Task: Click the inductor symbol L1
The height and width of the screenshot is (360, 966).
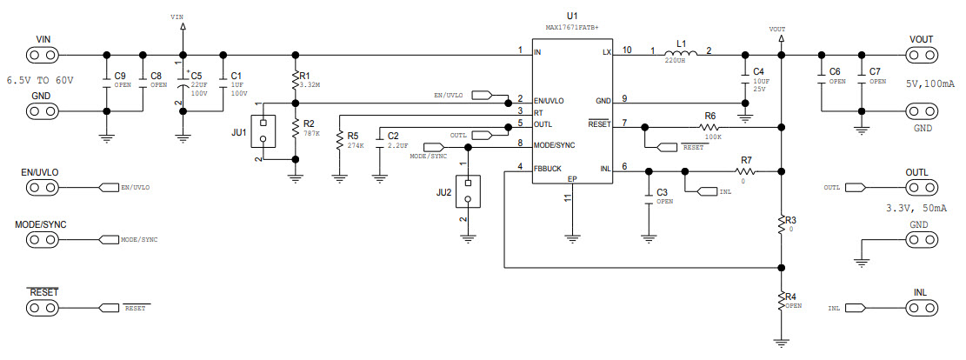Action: pyautogui.click(x=681, y=51)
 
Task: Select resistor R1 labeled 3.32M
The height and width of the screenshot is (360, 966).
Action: pyautogui.click(x=296, y=81)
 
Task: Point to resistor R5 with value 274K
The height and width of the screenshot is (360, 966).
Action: pyautogui.click(x=338, y=142)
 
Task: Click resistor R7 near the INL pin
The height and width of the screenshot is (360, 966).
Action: pyautogui.click(x=745, y=172)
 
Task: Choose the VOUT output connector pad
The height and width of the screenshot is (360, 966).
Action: pyautogui.click(x=920, y=54)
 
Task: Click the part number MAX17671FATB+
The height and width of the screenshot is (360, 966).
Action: pyautogui.click(x=571, y=28)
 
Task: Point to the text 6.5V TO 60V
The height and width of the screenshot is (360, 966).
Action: pyautogui.click(x=40, y=80)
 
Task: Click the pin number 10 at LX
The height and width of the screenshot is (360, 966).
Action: pyautogui.click(x=627, y=49)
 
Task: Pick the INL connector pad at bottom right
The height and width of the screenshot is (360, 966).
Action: pyautogui.click(x=920, y=308)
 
